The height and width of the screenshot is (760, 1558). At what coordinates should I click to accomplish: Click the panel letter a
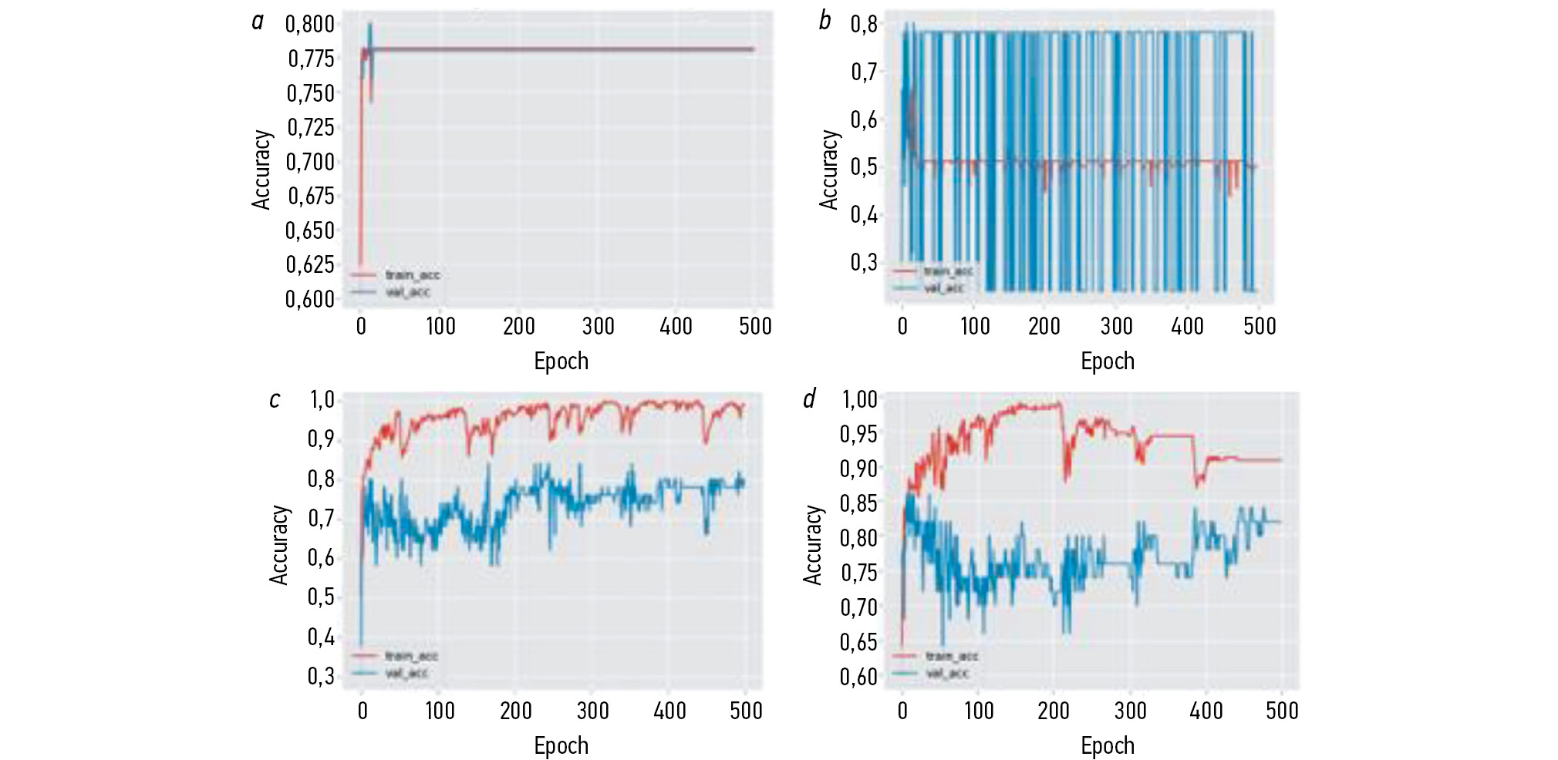click(x=258, y=22)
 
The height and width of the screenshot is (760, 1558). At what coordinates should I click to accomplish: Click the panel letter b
click(x=825, y=21)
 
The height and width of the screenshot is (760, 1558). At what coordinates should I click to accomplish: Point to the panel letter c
click(x=274, y=399)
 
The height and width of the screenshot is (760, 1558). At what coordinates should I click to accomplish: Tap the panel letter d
click(x=808, y=398)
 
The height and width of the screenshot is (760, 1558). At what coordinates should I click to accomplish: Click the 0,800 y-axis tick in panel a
click(x=310, y=24)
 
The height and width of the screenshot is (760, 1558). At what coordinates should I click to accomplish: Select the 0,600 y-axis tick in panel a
click(x=310, y=298)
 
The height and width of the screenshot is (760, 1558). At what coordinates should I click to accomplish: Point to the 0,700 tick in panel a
click(x=310, y=162)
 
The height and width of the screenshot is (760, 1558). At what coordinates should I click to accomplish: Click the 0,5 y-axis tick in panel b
click(x=864, y=166)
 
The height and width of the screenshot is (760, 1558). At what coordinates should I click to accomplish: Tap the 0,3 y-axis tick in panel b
click(x=864, y=262)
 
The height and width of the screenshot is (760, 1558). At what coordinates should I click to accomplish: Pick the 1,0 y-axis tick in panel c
click(x=322, y=399)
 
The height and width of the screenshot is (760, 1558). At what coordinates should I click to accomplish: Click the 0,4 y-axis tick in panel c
click(x=322, y=637)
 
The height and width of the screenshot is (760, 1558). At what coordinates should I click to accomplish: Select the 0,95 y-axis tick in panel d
click(x=858, y=434)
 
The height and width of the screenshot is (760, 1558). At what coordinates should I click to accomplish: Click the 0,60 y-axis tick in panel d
click(x=858, y=676)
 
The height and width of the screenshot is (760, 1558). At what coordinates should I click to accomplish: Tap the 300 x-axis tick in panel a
click(x=598, y=326)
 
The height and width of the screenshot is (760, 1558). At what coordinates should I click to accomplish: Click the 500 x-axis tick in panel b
click(x=1260, y=326)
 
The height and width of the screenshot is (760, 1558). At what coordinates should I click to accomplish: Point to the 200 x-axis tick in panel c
click(x=515, y=710)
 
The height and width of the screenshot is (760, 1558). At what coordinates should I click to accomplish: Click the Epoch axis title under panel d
click(x=1108, y=745)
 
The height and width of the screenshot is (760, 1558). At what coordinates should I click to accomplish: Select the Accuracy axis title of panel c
click(x=278, y=544)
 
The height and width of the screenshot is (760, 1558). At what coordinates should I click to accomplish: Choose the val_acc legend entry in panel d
click(x=946, y=673)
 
